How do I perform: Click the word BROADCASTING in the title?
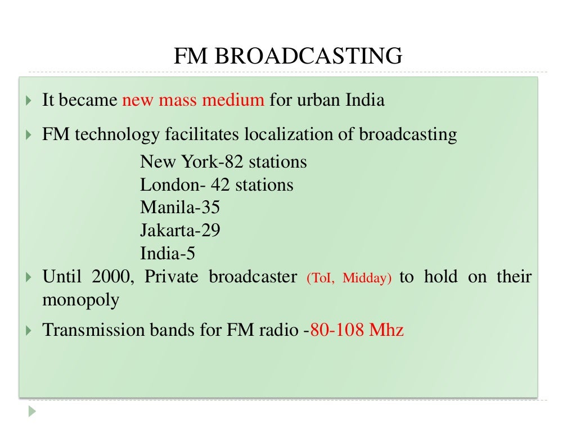click(x=308, y=56)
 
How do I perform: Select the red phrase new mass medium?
click(x=193, y=101)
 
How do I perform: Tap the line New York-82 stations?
click(x=223, y=162)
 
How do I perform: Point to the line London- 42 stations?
click(x=217, y=185)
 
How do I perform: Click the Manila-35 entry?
click(x=180, y=208)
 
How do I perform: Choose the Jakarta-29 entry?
click(x=180, y=231)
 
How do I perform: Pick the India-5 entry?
click(x=168, y=253)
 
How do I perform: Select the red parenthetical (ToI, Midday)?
click(x=349, y=278)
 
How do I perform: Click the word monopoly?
click(x=81, y=300)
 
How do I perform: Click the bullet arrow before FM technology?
click(x=29, y=136)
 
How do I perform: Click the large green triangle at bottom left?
click(x=32, y=411)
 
